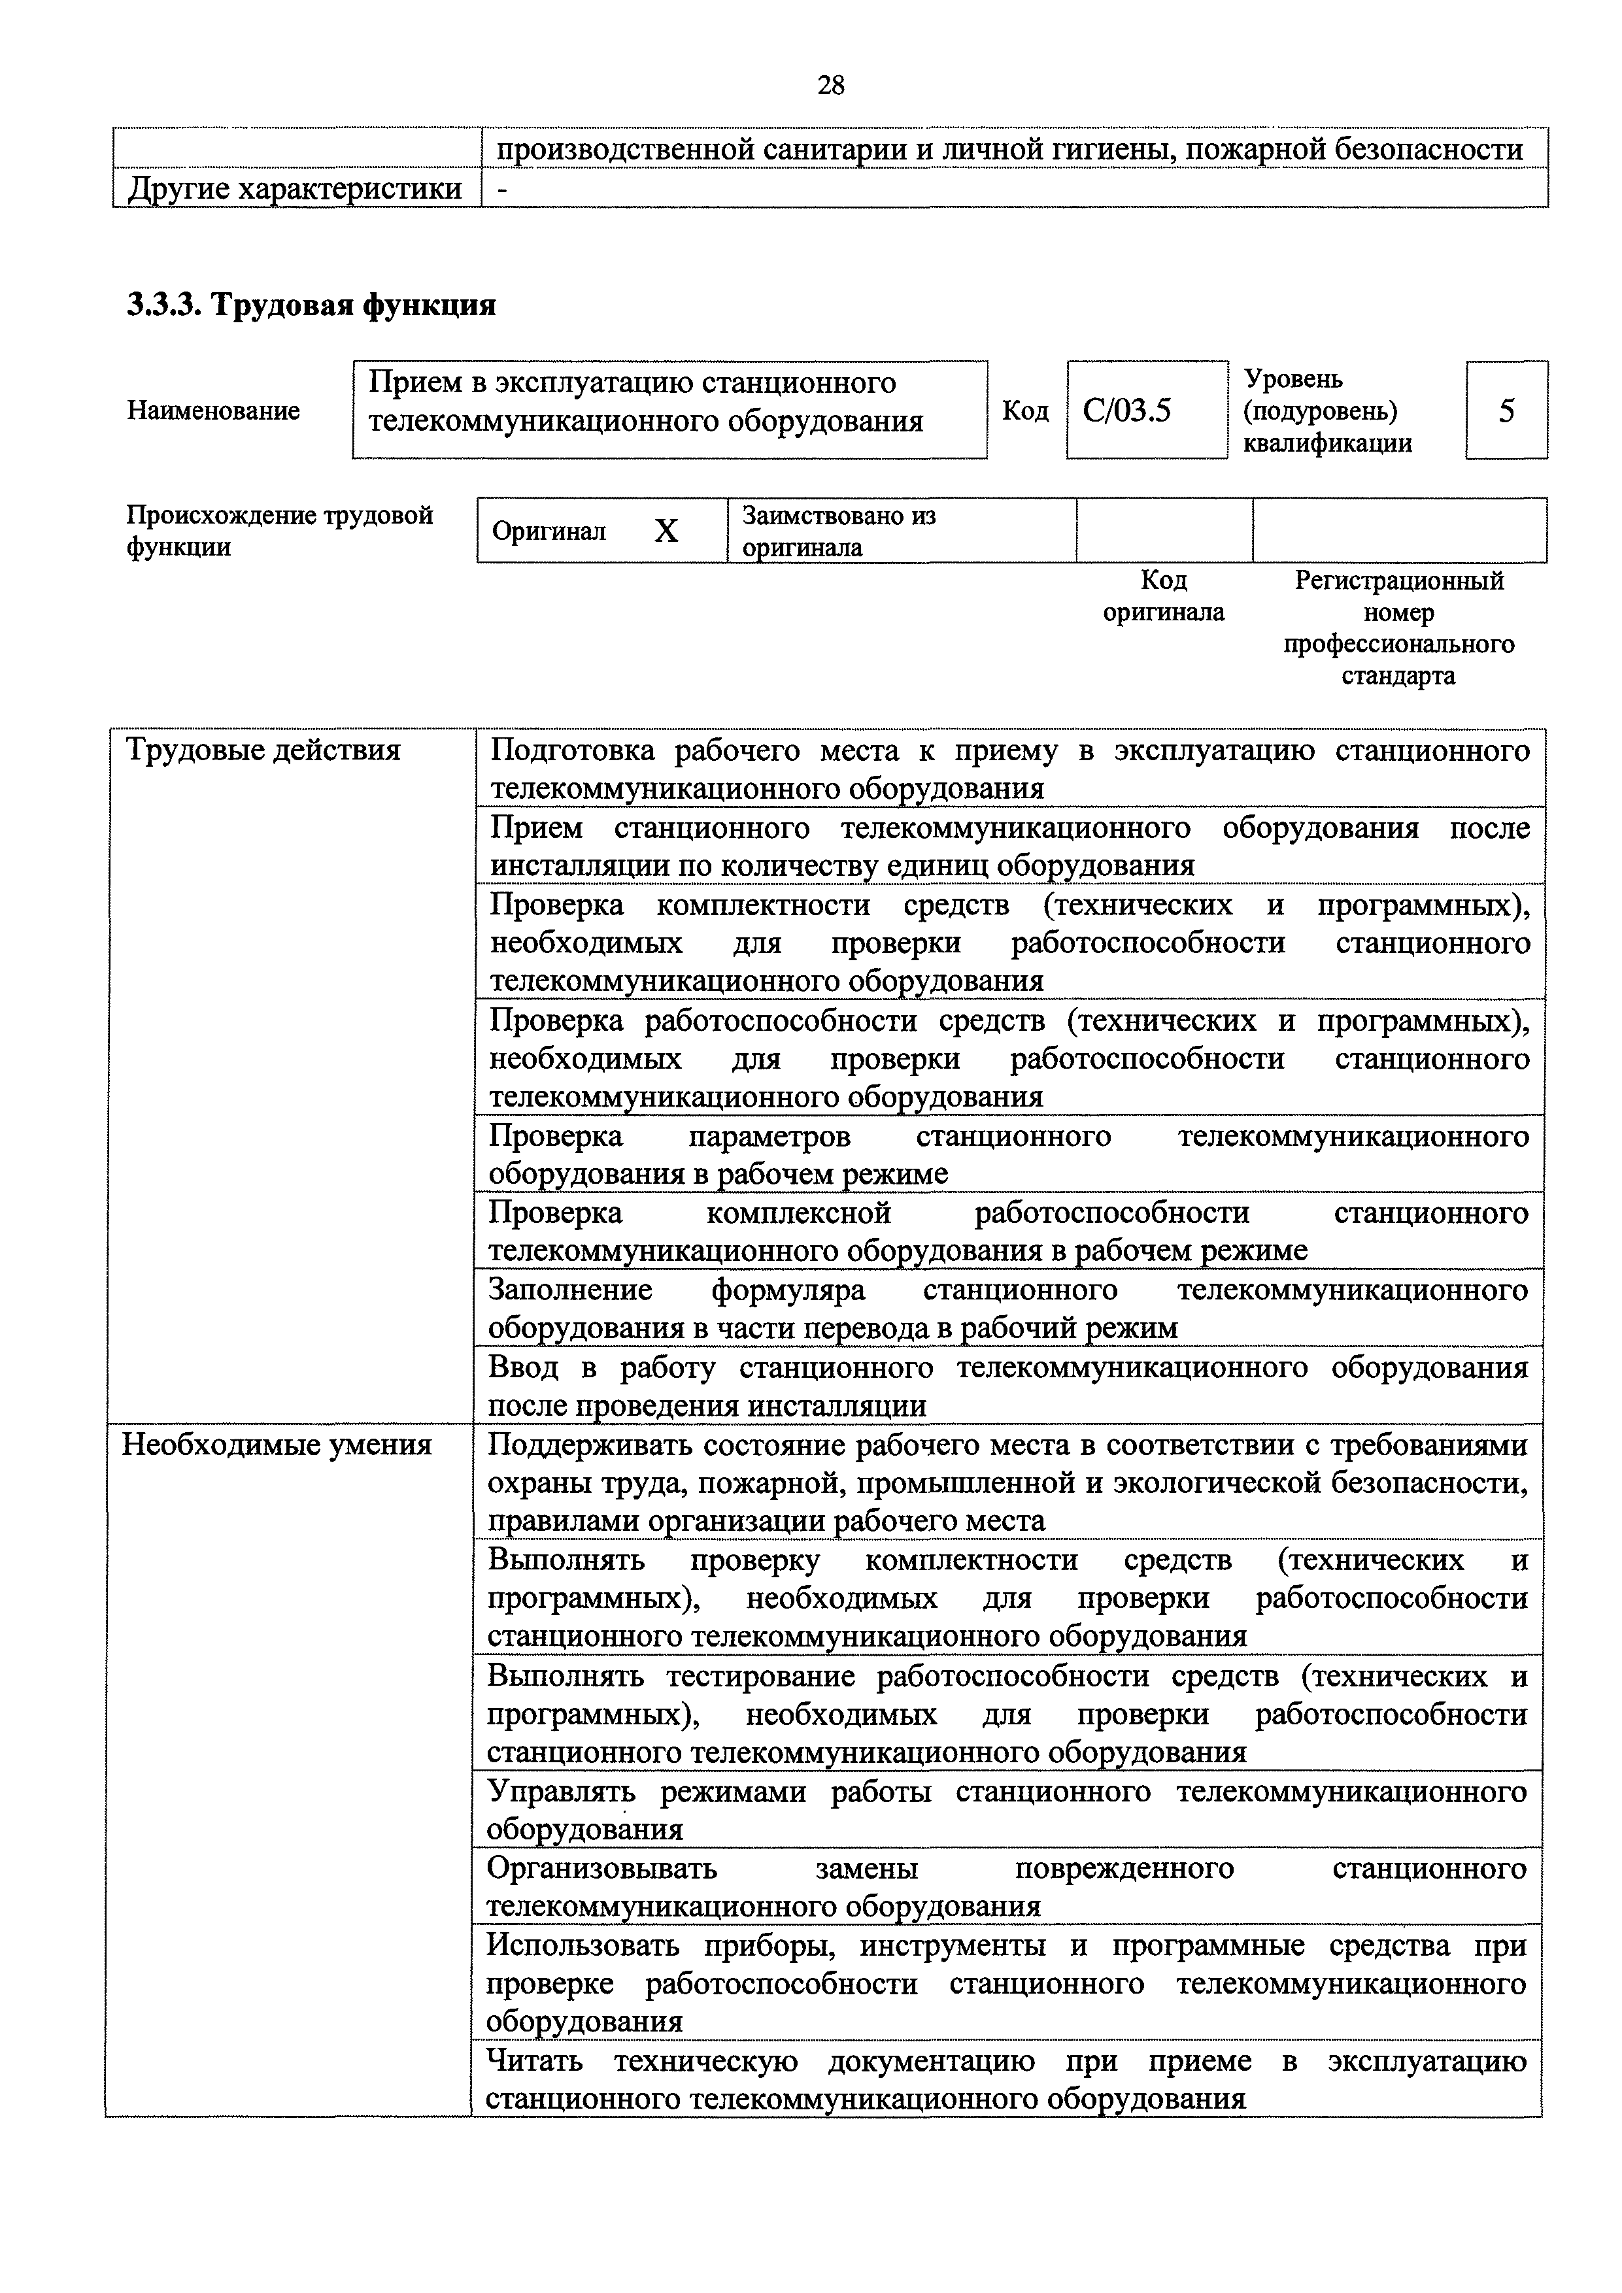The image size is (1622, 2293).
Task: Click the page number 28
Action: pyautogui.click(x=830, y=86)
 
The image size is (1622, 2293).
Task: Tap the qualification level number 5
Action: pyautogui.click(x=1506, y=410)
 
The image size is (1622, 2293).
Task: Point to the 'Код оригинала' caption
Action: pyautogui.click(x=1164, y=596)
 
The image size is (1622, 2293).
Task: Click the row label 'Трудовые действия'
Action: pyautogui.click(x=262, y=750)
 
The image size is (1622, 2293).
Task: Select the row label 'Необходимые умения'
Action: pyautogui.click(x=277, y=1445)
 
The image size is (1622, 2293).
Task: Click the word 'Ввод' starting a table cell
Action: pyautogui.click(x=524, y=1368)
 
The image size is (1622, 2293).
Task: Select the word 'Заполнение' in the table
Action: pyautogui.click(x=569, y=1290)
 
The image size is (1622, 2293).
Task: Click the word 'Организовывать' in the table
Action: pyautogui.click(x=601, y=1867)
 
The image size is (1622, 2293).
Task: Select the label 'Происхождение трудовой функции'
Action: pyautogui.click(x=280, y=531)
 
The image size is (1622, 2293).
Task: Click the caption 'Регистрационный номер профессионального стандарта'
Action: pyautogui.click(x=1398, y=628)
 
